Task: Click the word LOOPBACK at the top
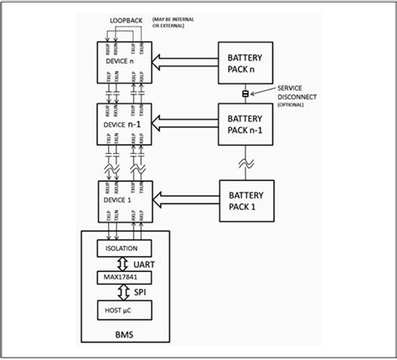(x=126, y=18)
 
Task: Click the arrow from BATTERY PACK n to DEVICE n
(x=184, y=61)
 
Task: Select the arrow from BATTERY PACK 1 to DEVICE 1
(x=184, y=199)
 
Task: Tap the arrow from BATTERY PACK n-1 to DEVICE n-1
(x=184, y=124)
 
